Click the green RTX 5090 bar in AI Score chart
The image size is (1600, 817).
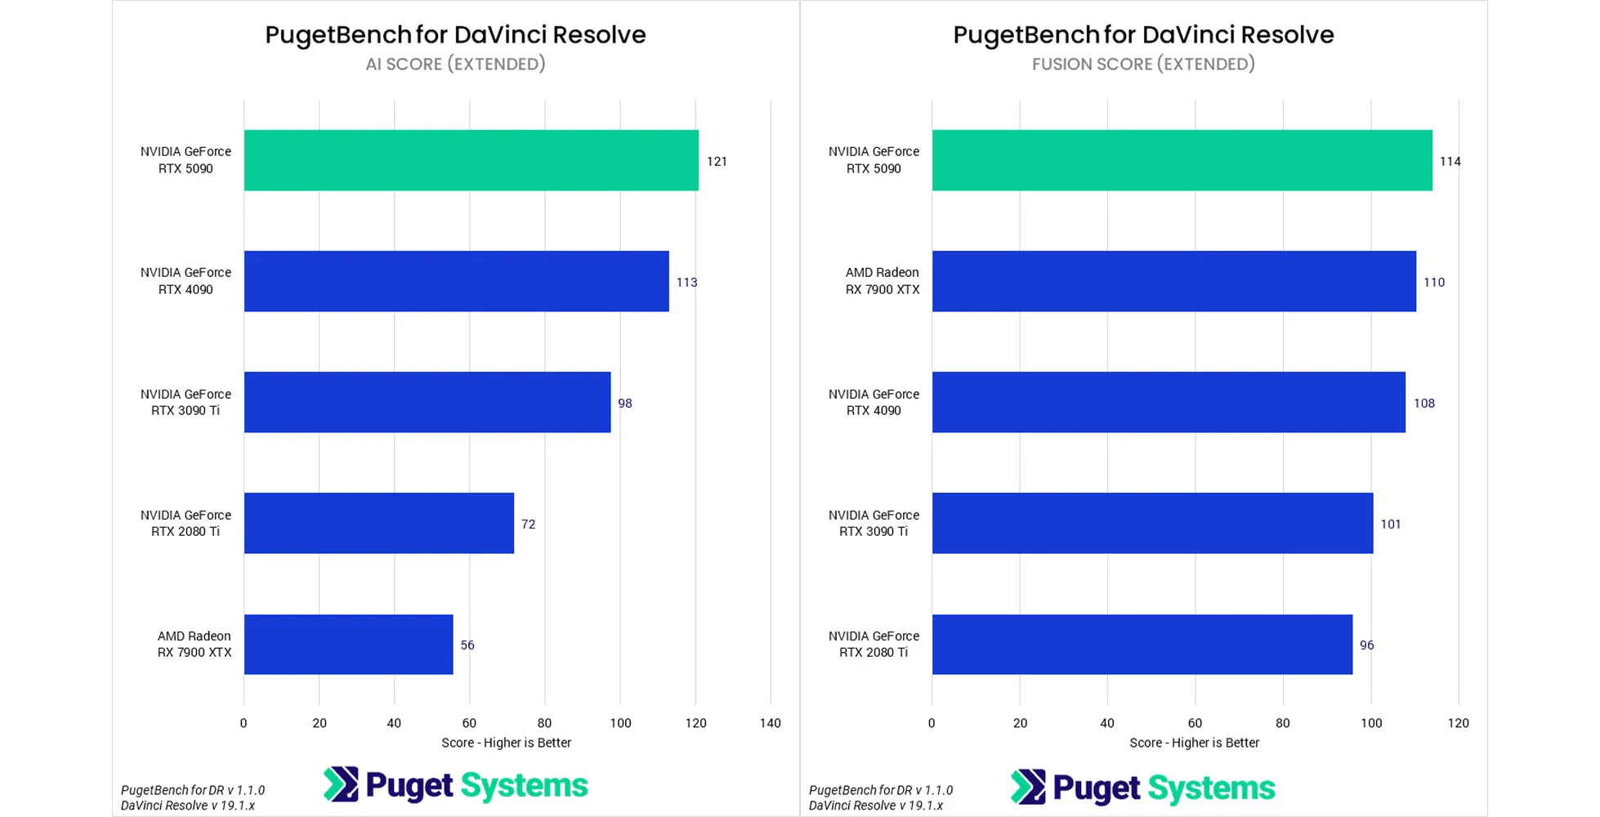click(471, 160)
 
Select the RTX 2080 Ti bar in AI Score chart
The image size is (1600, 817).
click(378, 523)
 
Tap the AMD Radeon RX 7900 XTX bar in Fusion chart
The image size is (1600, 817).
click(1173, 281)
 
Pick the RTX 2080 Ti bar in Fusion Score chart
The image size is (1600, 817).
click(1142, 645)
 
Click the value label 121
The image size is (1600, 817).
click(717, 161)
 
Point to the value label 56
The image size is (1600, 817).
click(467, 645)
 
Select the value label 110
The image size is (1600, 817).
click(1434, 282)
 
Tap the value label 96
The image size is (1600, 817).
click(1366, 645)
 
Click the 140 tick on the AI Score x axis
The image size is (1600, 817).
click(770, 723)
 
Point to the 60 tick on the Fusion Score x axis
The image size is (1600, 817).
click(1195, 723)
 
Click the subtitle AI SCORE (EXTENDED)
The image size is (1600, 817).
click(455, 64)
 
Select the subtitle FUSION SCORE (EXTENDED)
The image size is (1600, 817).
click(1143, 64)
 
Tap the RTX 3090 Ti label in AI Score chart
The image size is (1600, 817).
click(185, 402)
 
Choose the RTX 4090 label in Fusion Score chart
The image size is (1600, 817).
click(874, 402)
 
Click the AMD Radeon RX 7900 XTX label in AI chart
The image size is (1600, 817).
click(194, 644)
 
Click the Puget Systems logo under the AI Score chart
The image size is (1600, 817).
click(455, 785)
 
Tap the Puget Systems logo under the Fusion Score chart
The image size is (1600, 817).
click(1142, 788)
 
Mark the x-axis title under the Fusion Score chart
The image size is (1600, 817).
click(1194, 743)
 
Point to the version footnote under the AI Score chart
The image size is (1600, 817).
click(192, 797)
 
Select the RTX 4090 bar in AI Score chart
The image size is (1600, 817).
click(456, 281)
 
